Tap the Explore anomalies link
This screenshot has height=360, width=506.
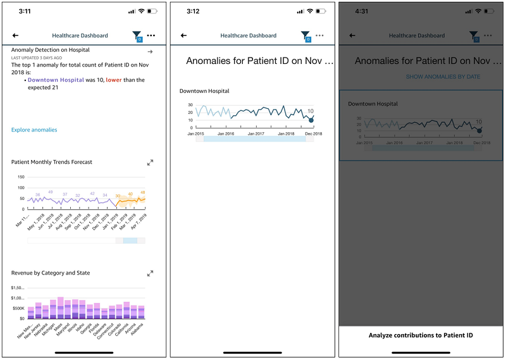tap(34, 130)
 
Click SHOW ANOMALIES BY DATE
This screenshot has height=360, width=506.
tap(443, 77)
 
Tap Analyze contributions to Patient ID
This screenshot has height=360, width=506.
tap(421, 335)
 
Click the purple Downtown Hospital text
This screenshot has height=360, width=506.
tap(56, 80)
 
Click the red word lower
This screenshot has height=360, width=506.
tap(114, 80)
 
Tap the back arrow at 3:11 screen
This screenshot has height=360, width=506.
tap(15, 36)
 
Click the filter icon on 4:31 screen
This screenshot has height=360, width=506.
tap(474, 37)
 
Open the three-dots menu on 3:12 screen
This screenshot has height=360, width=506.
tap(319, 36)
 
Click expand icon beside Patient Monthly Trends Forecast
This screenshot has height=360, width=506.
tap(150, 163)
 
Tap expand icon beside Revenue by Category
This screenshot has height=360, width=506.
tap(150, 273)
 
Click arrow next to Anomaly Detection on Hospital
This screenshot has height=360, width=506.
tap(150, 51)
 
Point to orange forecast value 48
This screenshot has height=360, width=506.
tap(142, 192)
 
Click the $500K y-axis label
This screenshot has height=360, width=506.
tap(18, 308)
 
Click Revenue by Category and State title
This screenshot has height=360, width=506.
tap(51, 273)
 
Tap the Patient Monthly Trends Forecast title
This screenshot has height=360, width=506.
tap(52, 162)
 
